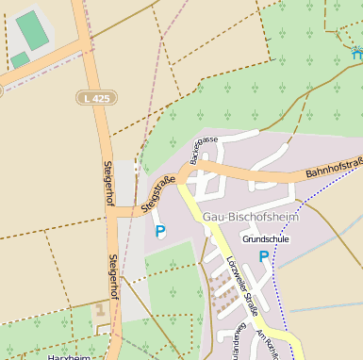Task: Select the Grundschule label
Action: pos(266,239)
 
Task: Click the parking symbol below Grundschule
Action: pos(264,255)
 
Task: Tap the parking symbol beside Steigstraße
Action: pos(159,230)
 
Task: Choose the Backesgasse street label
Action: pos(204,151)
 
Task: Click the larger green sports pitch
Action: pos(32,29)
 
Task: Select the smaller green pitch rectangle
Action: pos(20,60)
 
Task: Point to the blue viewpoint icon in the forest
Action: pos(356,51)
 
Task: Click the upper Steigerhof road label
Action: pos(108,184)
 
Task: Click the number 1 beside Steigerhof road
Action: pos(100,309)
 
